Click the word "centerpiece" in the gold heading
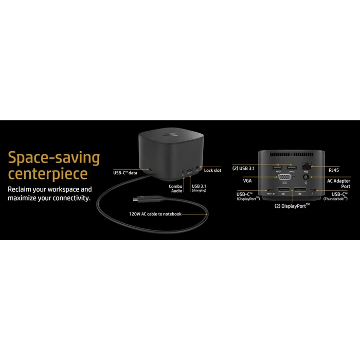click(x=48, y=174)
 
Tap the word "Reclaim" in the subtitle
click(x=20, y=189)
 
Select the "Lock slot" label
click(x=212, y=170)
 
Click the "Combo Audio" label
click(x=176, y=189)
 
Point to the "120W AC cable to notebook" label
click(x=155, y=214)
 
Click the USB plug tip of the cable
click(x=136, y=199)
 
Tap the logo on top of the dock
click(x=171, y=134)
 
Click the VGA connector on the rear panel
click(x=285, y=177)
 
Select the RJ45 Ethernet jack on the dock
click(x=307, y=166)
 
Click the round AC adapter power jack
click(x=306, y=177)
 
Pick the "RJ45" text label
click(x=334, y=170)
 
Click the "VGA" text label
click(x=247, y=181)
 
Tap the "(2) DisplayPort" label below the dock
click(x=292, y=206)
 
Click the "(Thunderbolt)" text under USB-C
click(x=335, y=199)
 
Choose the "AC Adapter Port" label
click(x=338, y=184)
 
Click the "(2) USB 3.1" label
click(x=243, y=168)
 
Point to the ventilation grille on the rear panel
click(x=292, y=154)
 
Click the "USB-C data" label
click(x=125, y=173)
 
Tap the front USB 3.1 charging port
click(x=189, y=171)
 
